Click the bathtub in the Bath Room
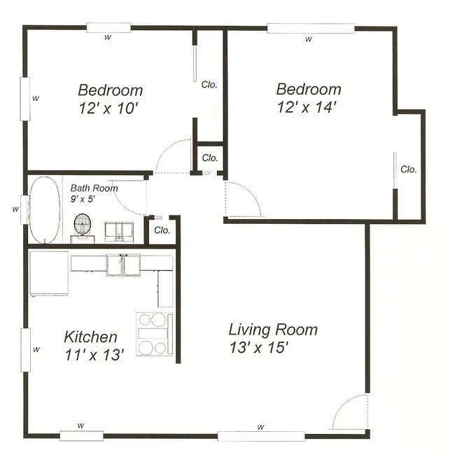click(x=44, y=210)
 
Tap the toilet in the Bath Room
click(x=83, y=226)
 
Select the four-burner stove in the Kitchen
click(x=153, y=333)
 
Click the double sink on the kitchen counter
click(x=123, y=265)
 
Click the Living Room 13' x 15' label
click(x=272, y=338)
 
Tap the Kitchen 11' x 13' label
click(x=93, y=346)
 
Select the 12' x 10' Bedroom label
click(x=110, y=99)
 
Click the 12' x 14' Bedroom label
click(x=308, y=98)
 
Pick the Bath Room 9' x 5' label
click(x=94, y=193)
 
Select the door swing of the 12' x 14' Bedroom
click(x=242, y=199)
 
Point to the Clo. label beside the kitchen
click(x=162, y=230)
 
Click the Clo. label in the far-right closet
click(x=409, y=169)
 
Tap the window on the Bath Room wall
click(x=24, y=209)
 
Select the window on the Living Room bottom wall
click(x=260, y=435)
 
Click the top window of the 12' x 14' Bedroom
click(x=310, y=29)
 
